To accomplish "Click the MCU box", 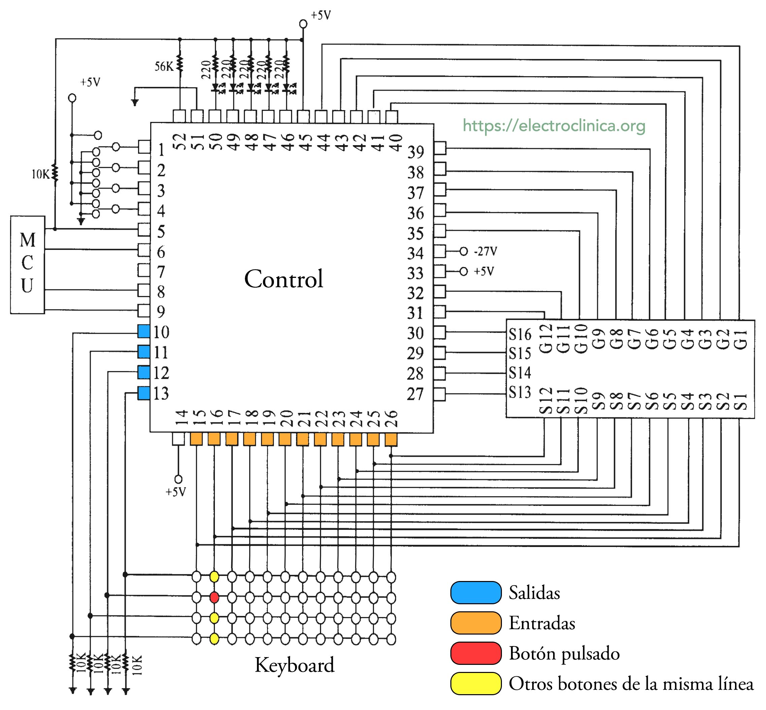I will (27, 264).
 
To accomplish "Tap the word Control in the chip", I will (284, 279).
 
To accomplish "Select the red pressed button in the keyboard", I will (214, 597).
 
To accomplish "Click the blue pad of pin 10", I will (144, 331).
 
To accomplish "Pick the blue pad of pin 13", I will (144, 393).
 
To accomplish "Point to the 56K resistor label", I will (164, 66).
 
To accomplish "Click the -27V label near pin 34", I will (485, 251).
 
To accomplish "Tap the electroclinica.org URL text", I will (553, 126).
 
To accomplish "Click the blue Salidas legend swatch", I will (476, 592).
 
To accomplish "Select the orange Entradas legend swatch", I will (476, 623).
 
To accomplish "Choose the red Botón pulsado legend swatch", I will (476, 653).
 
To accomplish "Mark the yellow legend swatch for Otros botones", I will (476, 683).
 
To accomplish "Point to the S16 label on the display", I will (520, 334).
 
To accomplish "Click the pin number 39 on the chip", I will (415, 152).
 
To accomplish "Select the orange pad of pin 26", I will (391, 439).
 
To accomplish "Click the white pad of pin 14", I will (178, 439).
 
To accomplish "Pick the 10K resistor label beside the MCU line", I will (40, 174).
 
